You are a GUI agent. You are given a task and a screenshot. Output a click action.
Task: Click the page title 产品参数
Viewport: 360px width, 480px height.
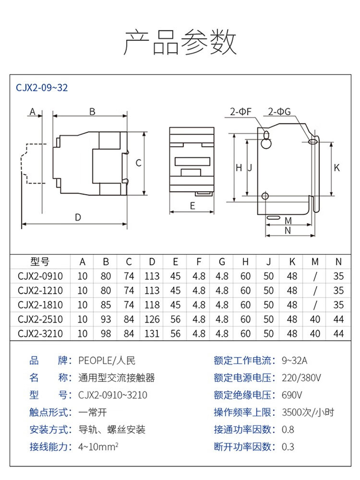point(180,43)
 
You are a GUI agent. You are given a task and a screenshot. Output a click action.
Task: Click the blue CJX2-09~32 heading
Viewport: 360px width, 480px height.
point(42,88)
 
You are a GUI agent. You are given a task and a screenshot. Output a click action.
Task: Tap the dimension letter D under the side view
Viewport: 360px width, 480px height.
point(78,217)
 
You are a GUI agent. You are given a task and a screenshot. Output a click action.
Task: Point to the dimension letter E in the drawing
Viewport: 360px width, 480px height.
point(192,206)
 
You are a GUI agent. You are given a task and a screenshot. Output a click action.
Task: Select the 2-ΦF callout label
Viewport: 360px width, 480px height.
point(240,112)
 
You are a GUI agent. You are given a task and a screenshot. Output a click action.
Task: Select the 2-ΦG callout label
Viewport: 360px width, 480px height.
point(279,112)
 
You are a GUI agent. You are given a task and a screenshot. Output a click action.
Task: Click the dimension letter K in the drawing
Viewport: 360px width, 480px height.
point(336,168)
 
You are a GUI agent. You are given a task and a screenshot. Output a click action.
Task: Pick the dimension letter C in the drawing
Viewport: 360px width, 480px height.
point(138,163)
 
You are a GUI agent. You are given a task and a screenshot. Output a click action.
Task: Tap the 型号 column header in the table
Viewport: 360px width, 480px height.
point(40,262)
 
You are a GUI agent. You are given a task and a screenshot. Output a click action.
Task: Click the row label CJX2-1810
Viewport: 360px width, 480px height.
point(40,304)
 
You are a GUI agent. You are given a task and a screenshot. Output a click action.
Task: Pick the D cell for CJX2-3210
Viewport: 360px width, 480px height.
point(152,333)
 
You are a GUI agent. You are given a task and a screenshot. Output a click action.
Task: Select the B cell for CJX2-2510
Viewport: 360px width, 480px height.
point(106,319)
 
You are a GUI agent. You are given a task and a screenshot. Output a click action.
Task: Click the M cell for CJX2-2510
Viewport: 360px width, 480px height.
point(315,319)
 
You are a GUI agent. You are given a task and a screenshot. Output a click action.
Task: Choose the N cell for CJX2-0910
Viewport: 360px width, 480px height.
point(338,276)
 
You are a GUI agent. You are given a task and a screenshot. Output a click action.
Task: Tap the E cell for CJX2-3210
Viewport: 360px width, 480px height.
point(175,333)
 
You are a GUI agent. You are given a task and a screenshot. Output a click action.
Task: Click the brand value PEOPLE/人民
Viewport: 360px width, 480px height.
point(107,361)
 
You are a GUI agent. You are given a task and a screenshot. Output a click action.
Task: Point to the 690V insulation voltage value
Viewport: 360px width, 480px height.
point(292,395)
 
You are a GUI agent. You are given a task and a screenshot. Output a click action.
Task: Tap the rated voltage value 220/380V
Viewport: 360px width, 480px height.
point(301,378)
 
